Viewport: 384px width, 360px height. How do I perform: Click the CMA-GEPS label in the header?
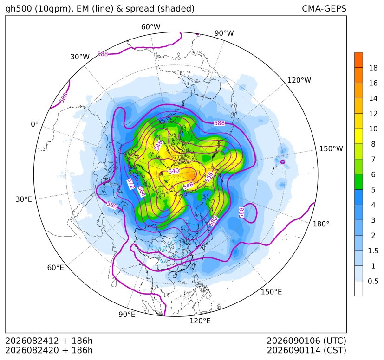tap(324, 8)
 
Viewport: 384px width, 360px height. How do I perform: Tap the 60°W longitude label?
tap(150, 27)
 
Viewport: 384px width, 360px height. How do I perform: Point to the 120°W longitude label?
tap(299, 80)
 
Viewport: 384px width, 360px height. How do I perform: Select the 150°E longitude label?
tap(271, 292)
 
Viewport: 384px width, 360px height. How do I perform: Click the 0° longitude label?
tap(34, 124)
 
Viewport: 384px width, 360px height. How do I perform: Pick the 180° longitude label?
tap(321, 224)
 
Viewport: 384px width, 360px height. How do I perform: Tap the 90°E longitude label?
tap(127, 315)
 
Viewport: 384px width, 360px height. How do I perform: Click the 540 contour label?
tap(174, 171)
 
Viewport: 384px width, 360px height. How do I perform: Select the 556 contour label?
tap(209, 177)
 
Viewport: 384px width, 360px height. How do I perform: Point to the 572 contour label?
tap(131, 184)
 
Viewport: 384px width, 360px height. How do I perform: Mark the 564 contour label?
tap(141, 192)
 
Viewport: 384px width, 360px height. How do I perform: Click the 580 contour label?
tap(214, 221)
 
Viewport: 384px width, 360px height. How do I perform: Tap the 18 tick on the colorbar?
tap(373, 68)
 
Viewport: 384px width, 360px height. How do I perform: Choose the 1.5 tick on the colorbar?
tap(373, 251)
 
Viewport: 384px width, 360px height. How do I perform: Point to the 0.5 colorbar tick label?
tap(373, 281)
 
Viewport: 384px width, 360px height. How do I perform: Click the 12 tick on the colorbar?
tap(373, 114)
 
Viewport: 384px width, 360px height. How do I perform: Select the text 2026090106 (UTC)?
tap(306, 341)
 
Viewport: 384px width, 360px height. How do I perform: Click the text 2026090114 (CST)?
tap(306, 350)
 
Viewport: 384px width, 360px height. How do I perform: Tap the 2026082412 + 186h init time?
tap(49, 341)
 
